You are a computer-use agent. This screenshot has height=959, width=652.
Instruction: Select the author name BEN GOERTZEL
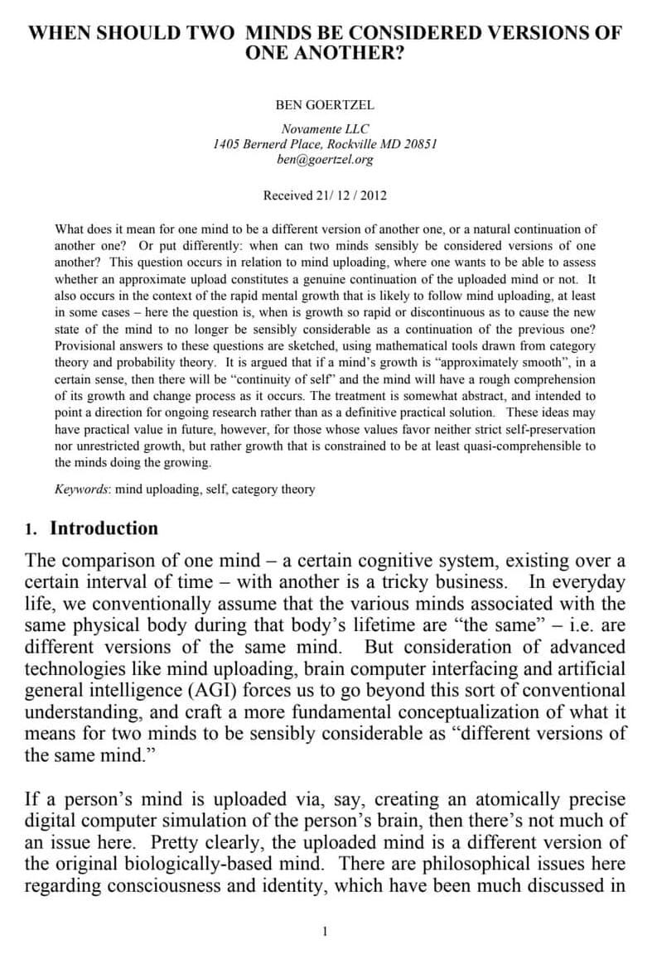(x=325, y=105)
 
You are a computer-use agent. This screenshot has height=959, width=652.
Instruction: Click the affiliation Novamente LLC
(x=325, y=129)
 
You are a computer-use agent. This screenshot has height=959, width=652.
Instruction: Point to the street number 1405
(x=226, y=144)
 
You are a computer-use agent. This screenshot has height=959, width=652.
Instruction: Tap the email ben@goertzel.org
(x=325, y=159)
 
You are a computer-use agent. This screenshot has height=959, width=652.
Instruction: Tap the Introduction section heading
(x=104, y=528)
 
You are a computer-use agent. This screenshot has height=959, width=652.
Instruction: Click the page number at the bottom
(x=325, y=932)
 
